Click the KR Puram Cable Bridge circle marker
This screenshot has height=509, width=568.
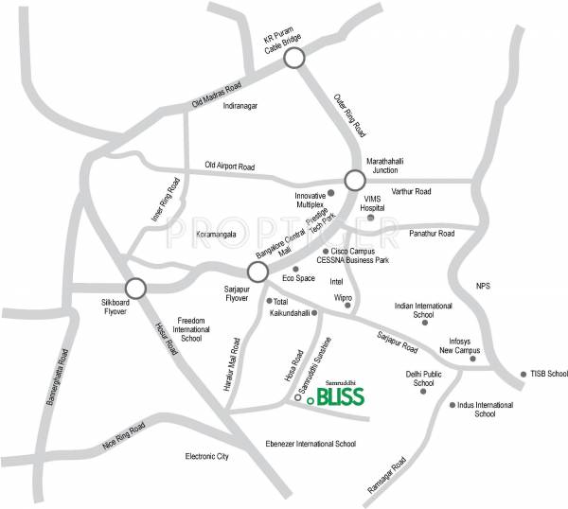[x=294, y=59]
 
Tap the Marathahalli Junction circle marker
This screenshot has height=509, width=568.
[x=354, y=180]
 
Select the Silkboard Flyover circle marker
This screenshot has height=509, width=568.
[x=135, y=288]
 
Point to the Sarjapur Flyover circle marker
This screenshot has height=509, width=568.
[x=257, y=272]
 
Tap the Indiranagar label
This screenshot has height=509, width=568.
[x=240, y=106]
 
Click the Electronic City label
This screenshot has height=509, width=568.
[x=207, y=456]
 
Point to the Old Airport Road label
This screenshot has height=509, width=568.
[x=230, y=167]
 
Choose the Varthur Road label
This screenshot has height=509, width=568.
[x=410, y=191]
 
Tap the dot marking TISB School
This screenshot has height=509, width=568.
[x=523, y=373]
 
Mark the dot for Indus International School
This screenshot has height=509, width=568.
[x=453, y=405]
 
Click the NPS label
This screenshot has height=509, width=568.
[x=483, y=286]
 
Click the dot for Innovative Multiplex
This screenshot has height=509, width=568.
[x=330, y=192]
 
